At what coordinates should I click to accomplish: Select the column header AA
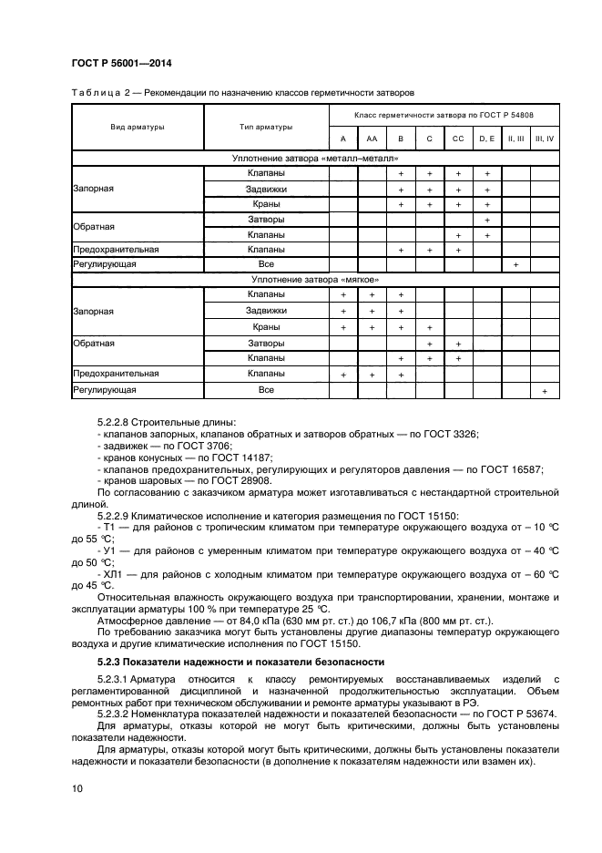372,139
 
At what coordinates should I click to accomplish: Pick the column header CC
458,139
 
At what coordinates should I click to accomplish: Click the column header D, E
487,139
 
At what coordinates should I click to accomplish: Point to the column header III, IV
544,139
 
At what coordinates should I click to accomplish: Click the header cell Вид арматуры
136,127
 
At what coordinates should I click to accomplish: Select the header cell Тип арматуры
266,127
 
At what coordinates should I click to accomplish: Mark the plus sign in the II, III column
515,264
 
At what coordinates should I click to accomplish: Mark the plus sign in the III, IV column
544,390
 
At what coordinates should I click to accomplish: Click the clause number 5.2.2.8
117,422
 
